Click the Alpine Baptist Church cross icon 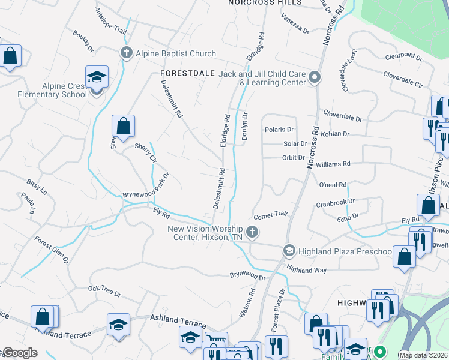[127, 52]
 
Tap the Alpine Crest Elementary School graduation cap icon [97, 77]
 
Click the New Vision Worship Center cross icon [253, 232]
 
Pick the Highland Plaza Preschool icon [289, 250]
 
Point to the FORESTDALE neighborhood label [188, 73]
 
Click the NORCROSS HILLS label [265, 3]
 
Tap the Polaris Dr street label [279, 130]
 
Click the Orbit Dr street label [294, 158]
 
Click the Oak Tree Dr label [104, 295]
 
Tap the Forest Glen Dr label [51, 251]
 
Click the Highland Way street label [306, 271]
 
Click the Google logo [20, 353]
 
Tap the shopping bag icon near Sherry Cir [123, 126]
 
